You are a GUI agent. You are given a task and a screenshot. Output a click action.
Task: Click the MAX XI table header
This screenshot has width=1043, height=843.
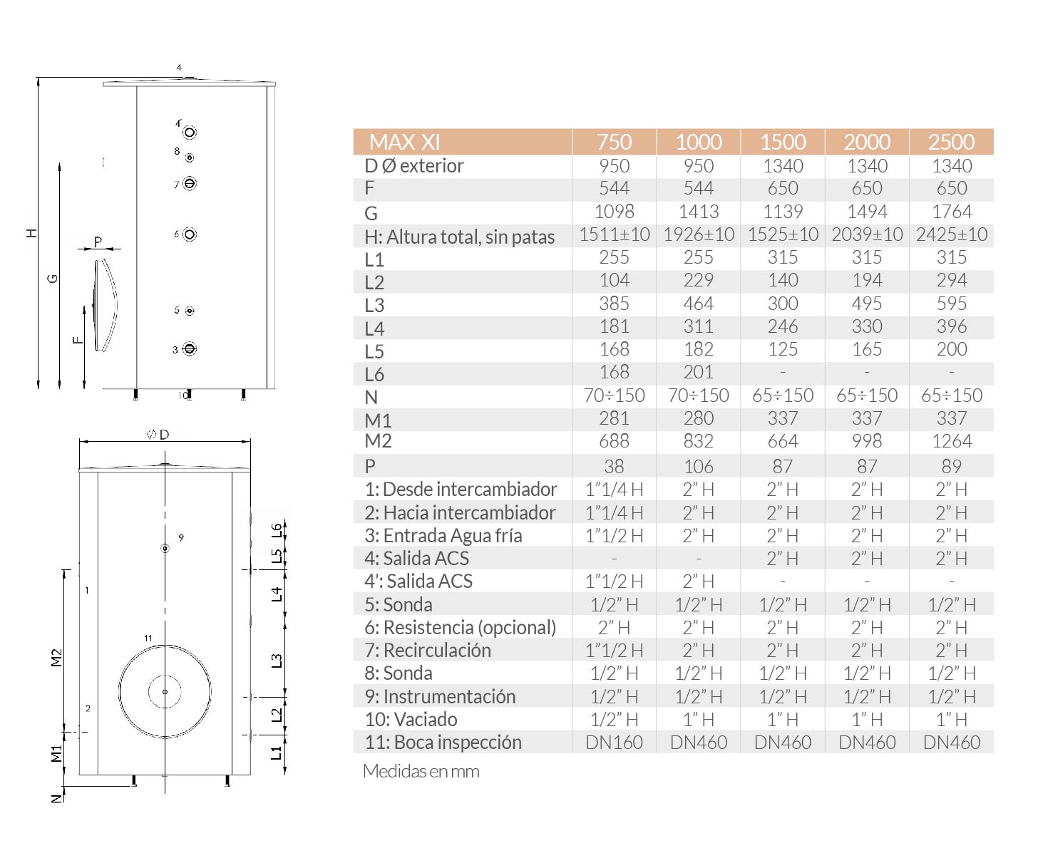click(404, 142)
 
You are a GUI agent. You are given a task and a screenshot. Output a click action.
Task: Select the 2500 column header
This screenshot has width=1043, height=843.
click(951, 142)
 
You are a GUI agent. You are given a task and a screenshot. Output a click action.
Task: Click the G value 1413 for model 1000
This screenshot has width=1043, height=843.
click(698, 212)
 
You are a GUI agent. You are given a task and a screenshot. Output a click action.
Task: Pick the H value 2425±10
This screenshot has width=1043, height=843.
click(951, 234)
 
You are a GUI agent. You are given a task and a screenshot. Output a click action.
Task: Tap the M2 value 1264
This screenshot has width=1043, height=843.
click(951, 441)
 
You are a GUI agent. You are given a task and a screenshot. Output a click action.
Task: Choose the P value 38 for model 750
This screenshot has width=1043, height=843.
click(614, 466)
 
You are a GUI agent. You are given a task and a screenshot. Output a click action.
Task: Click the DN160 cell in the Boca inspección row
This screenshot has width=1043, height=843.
click(614, 743)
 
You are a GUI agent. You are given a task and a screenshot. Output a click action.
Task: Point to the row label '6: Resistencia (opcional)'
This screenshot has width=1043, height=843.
click(460, 627)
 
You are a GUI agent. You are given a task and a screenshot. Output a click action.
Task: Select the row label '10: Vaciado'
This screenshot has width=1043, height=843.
click(411, 719)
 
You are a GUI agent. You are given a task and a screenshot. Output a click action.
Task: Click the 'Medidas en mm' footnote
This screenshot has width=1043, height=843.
click(421, 771)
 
